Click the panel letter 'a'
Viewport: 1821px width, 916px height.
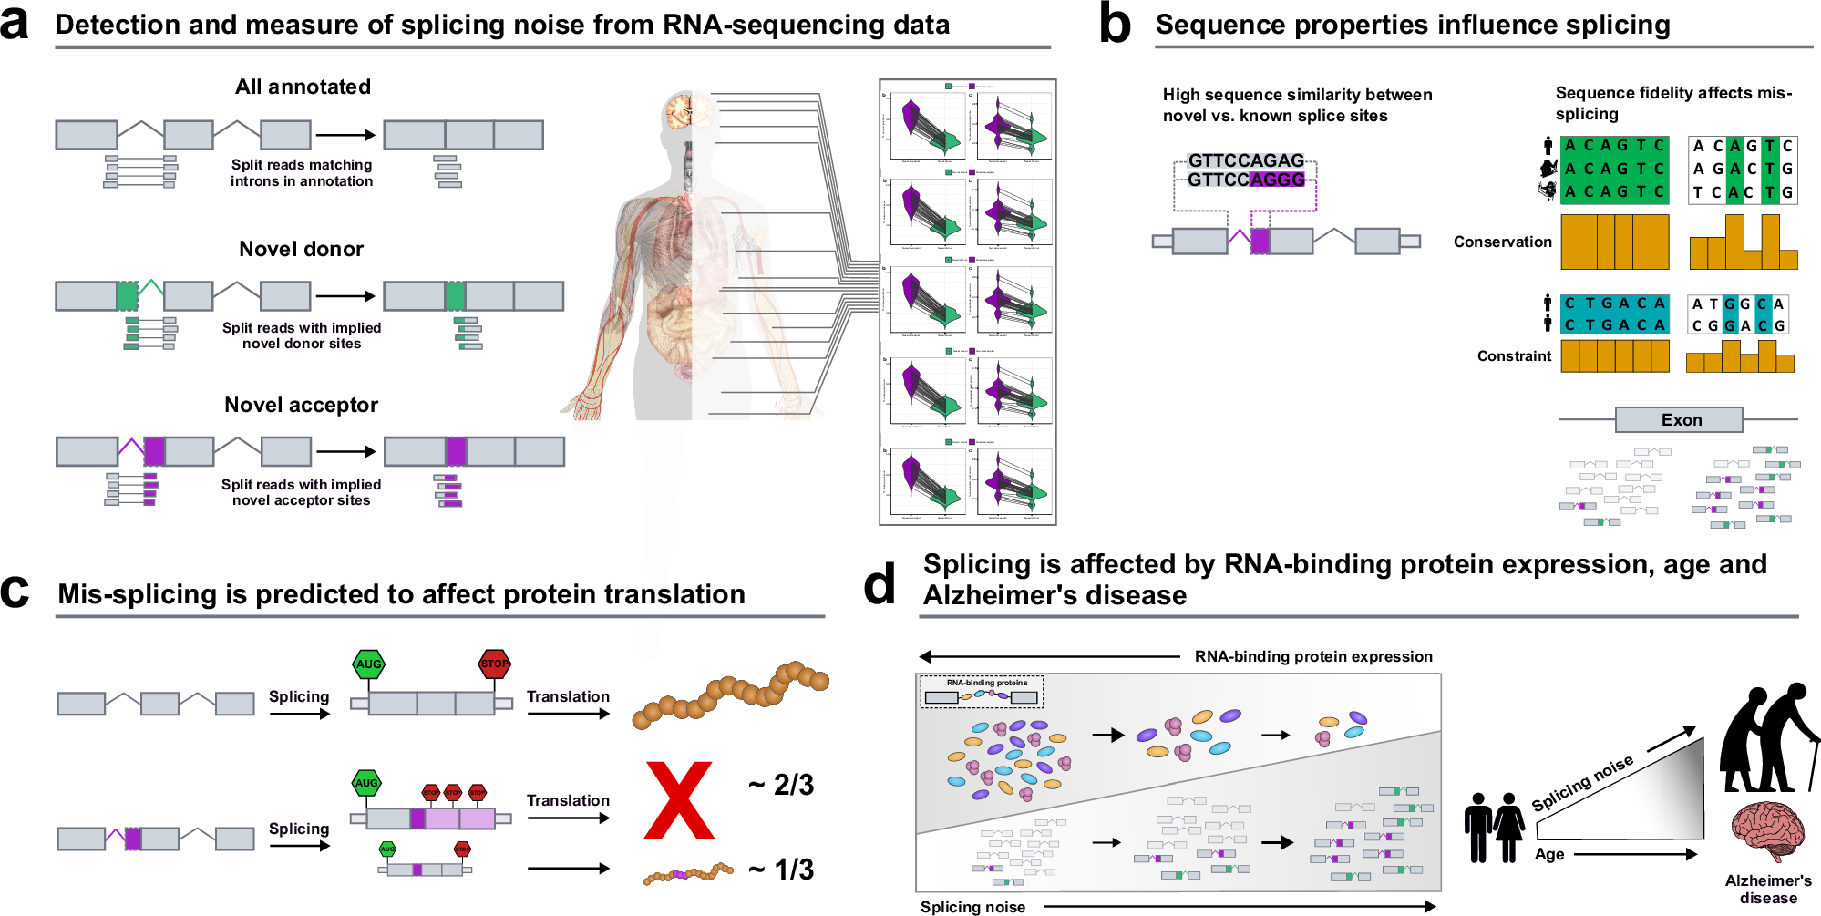click(15, 26)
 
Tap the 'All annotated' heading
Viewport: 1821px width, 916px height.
click(303, 87)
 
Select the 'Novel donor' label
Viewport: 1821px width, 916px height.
click(301, 249)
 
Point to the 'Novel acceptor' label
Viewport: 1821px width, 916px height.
click(301, 405)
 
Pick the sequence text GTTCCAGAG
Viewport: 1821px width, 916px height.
click(1246, 160)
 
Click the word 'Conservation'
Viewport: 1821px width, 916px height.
click(1502, 242)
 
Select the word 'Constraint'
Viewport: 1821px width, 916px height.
click(1514, 356)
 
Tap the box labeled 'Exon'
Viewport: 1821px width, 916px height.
click(1679, 420)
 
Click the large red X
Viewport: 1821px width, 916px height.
click(679, 800)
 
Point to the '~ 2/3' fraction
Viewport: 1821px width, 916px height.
click(781, 785)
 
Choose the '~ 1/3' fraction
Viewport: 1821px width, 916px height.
click(781, 870)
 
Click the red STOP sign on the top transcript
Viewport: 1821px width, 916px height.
click(494, 664)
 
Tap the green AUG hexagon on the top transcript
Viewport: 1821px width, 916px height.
click(368, 664)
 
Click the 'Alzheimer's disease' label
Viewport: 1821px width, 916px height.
click(1768, 889)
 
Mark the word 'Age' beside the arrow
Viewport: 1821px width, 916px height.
click(1549, 854)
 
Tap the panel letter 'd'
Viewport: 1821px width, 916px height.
click(880, 584)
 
